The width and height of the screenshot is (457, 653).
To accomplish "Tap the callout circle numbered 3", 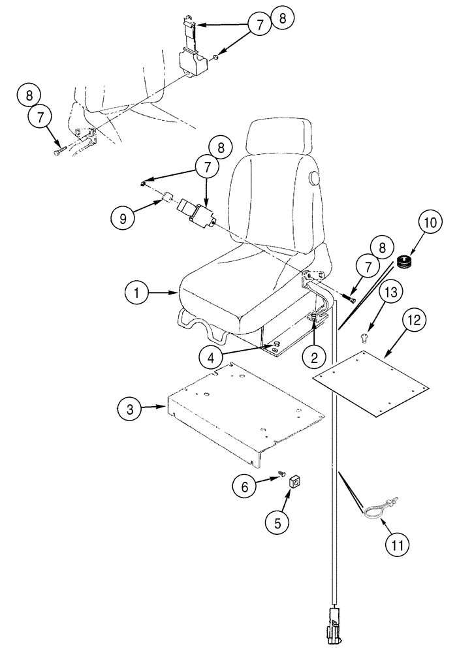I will [x=131, y=409].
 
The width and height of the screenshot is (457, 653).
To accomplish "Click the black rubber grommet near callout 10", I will [x=404, y=263].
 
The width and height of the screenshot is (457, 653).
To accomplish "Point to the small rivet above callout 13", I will [x=364, y=337].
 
